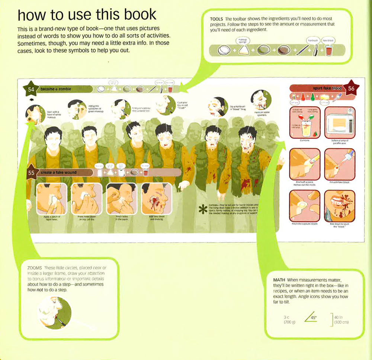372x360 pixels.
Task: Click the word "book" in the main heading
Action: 136,14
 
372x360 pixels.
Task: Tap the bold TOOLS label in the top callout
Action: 217,19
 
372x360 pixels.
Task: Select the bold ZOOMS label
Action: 35,268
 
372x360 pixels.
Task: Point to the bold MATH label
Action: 279,279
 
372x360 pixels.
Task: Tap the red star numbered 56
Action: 351,88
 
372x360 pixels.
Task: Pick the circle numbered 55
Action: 32,173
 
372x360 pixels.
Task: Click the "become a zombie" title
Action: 56,89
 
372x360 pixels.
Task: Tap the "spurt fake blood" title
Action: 327,88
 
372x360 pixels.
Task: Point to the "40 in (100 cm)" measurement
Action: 341,320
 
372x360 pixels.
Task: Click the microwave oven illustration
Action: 340,123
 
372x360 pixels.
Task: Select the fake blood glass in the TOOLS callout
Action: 328,50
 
